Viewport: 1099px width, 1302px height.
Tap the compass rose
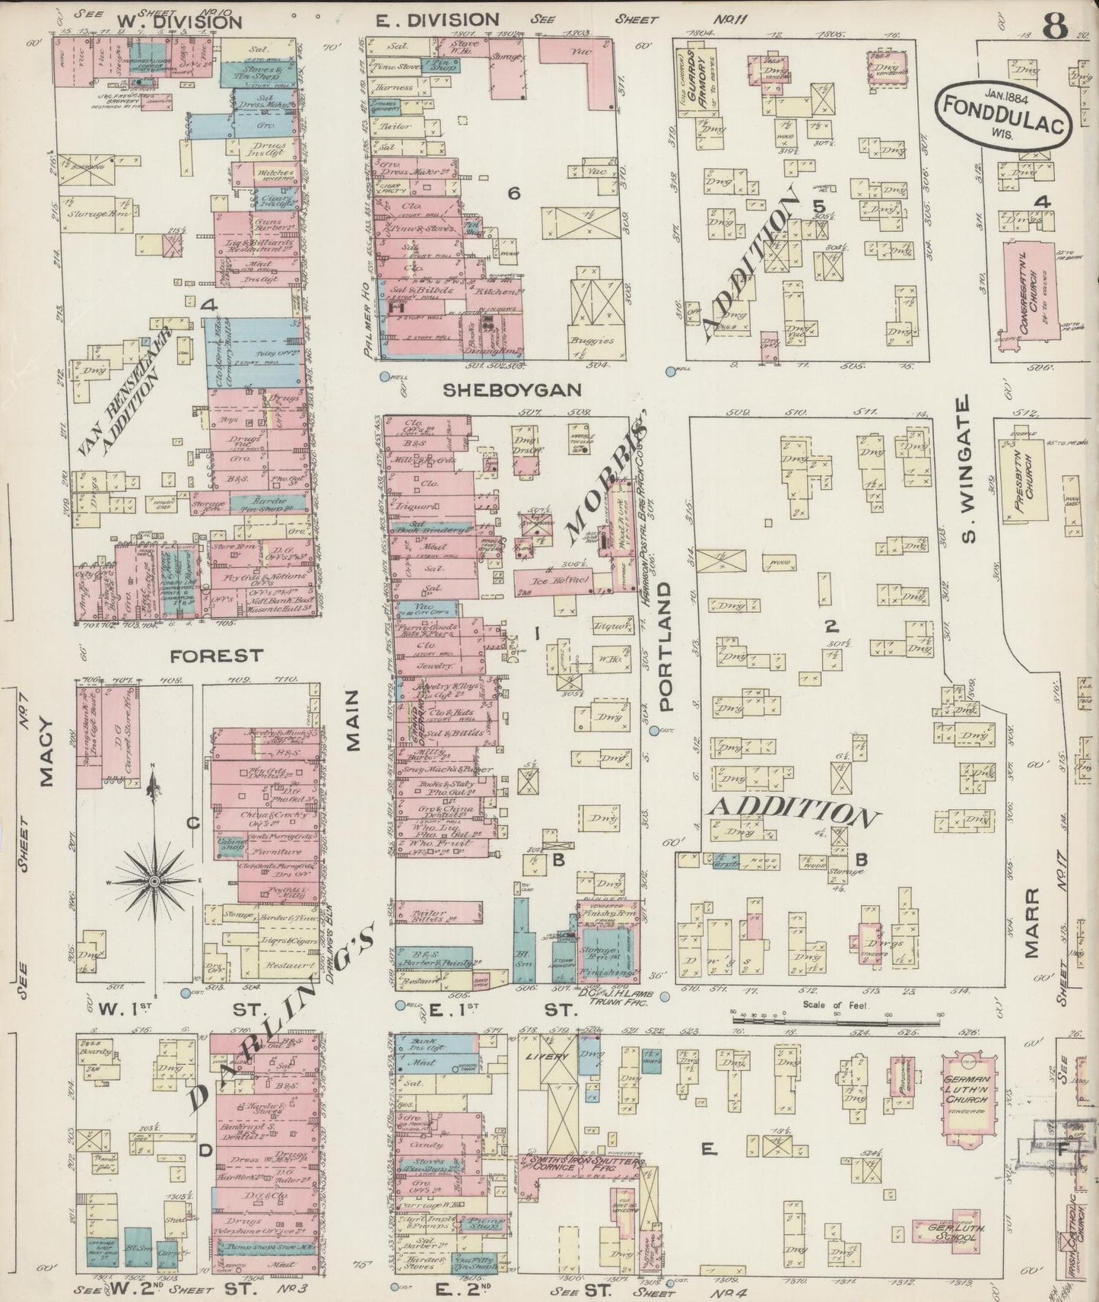[154, 880]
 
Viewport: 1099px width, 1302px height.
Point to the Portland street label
[666, 647]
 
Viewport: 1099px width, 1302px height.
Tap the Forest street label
[217, 655]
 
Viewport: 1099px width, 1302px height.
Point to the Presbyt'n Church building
[1033, 483]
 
